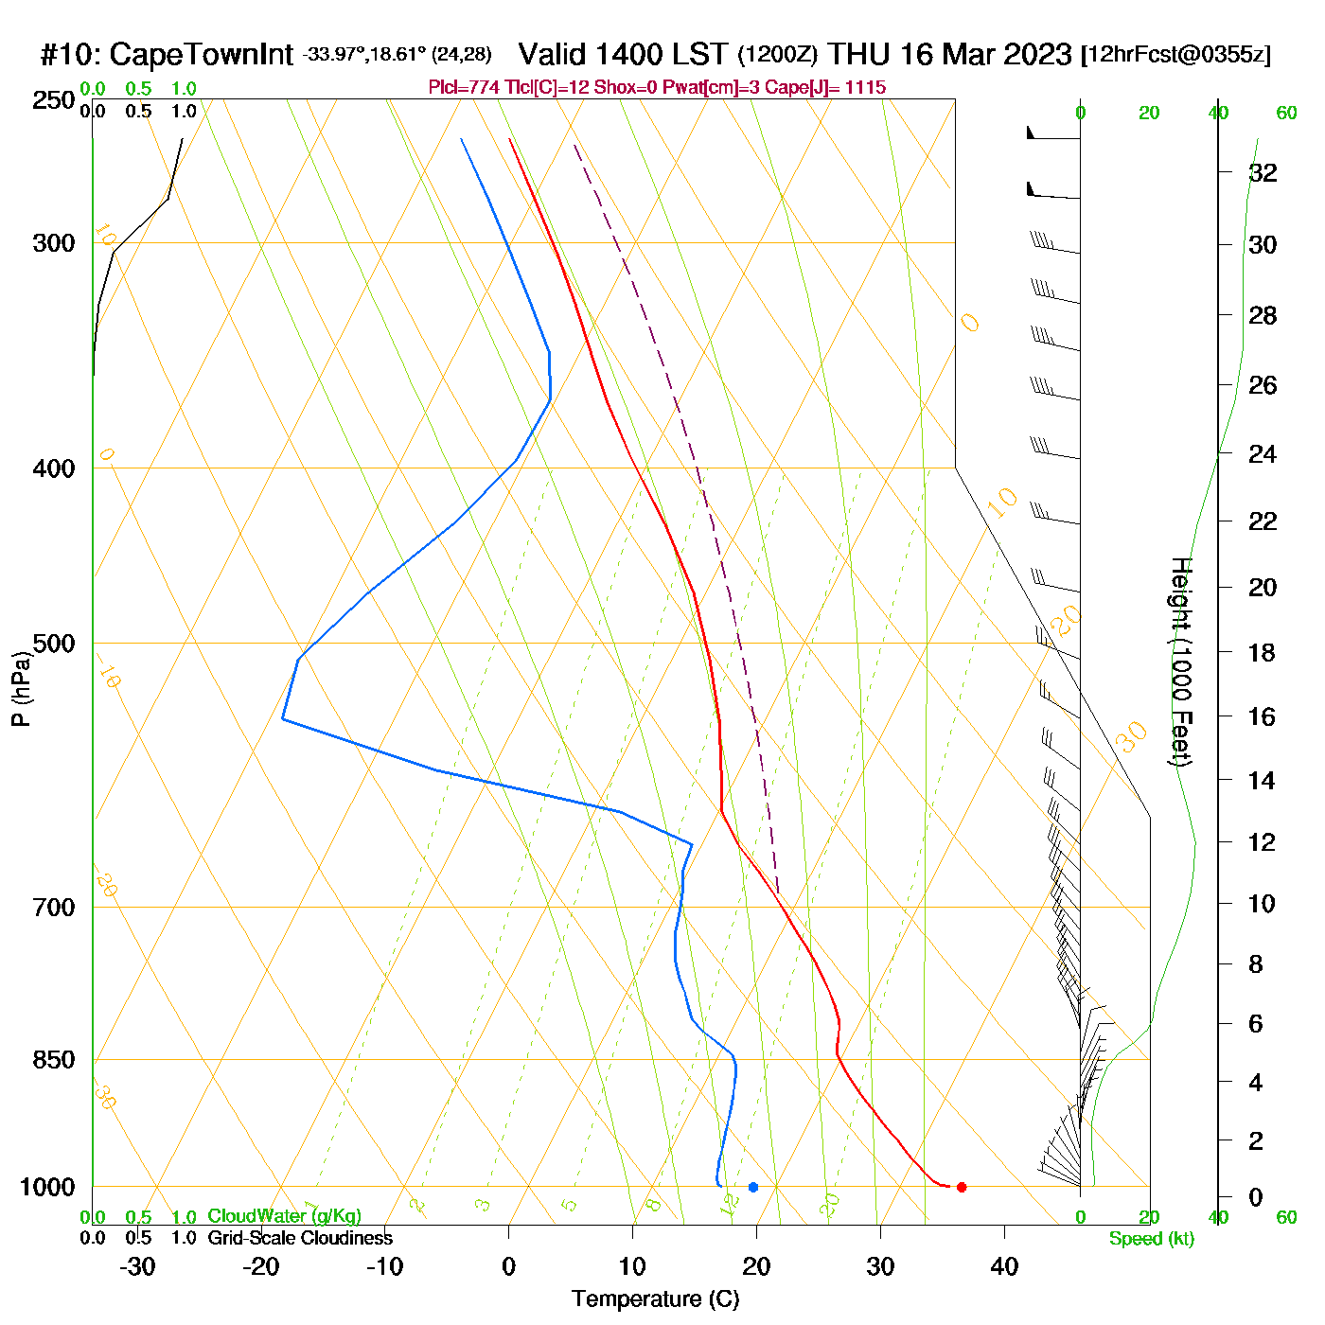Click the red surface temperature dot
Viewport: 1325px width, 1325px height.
pos(962,1187)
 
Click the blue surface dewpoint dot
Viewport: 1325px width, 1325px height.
pos(753,1187)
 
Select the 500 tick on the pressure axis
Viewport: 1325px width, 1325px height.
pos(54,644)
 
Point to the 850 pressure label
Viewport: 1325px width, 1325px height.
pos(54,1060)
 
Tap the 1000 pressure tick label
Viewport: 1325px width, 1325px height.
pos(47,1188)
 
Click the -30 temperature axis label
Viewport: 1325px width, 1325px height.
pos(137,1266)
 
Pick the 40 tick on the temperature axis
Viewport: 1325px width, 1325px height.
pos(1004,1266)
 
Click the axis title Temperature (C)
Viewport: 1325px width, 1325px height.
pos(655,1299)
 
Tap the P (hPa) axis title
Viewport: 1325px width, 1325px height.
pos(21,689)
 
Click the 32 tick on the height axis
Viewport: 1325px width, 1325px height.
pos(1263,172)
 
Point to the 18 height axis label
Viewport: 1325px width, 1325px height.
pos(1263,652)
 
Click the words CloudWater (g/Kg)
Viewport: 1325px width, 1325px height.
pos(284,1216)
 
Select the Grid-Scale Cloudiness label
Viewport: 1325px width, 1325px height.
pos(300,1238)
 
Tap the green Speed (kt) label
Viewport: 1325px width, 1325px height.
pos(1152,1239)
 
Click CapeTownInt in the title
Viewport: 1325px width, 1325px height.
pos(201,55)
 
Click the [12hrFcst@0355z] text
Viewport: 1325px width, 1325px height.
pos(1175,55)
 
